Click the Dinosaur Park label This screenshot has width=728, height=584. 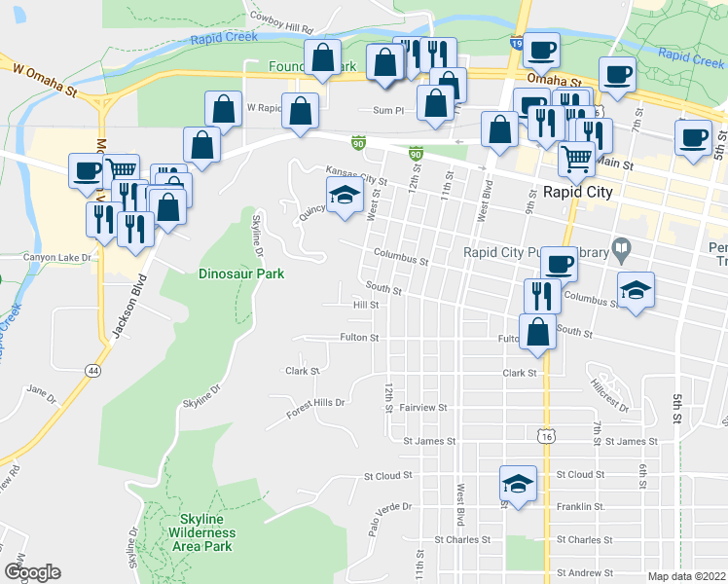coord(241,274)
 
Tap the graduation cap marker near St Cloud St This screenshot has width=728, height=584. coord(518,483)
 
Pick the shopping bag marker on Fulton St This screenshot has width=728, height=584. coord(538,331)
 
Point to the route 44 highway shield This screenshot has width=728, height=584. coord(92,371)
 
